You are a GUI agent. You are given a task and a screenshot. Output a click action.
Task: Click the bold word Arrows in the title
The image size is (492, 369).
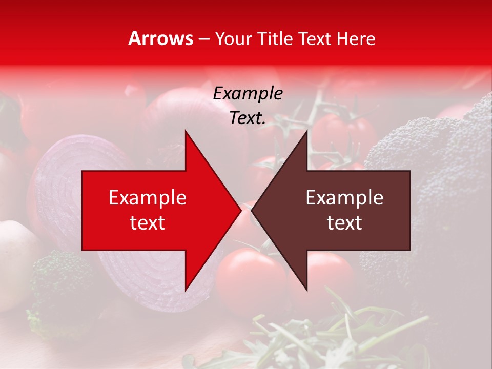click(161, 38)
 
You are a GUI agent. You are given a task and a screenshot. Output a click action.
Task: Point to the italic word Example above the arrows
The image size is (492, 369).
click(248, 93)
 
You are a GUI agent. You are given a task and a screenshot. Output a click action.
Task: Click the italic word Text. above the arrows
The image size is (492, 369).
click(248, 118)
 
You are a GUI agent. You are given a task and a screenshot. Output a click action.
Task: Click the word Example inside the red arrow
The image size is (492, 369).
click(148, 198)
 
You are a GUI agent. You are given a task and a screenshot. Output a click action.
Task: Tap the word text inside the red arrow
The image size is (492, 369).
click(148, 223)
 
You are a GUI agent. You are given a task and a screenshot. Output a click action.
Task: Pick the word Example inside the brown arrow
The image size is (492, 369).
click(344, 198)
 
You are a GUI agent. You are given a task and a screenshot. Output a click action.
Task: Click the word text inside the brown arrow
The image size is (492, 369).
click(344, 223)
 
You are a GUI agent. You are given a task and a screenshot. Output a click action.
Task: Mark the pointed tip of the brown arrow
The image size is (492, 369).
click(252, 211)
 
